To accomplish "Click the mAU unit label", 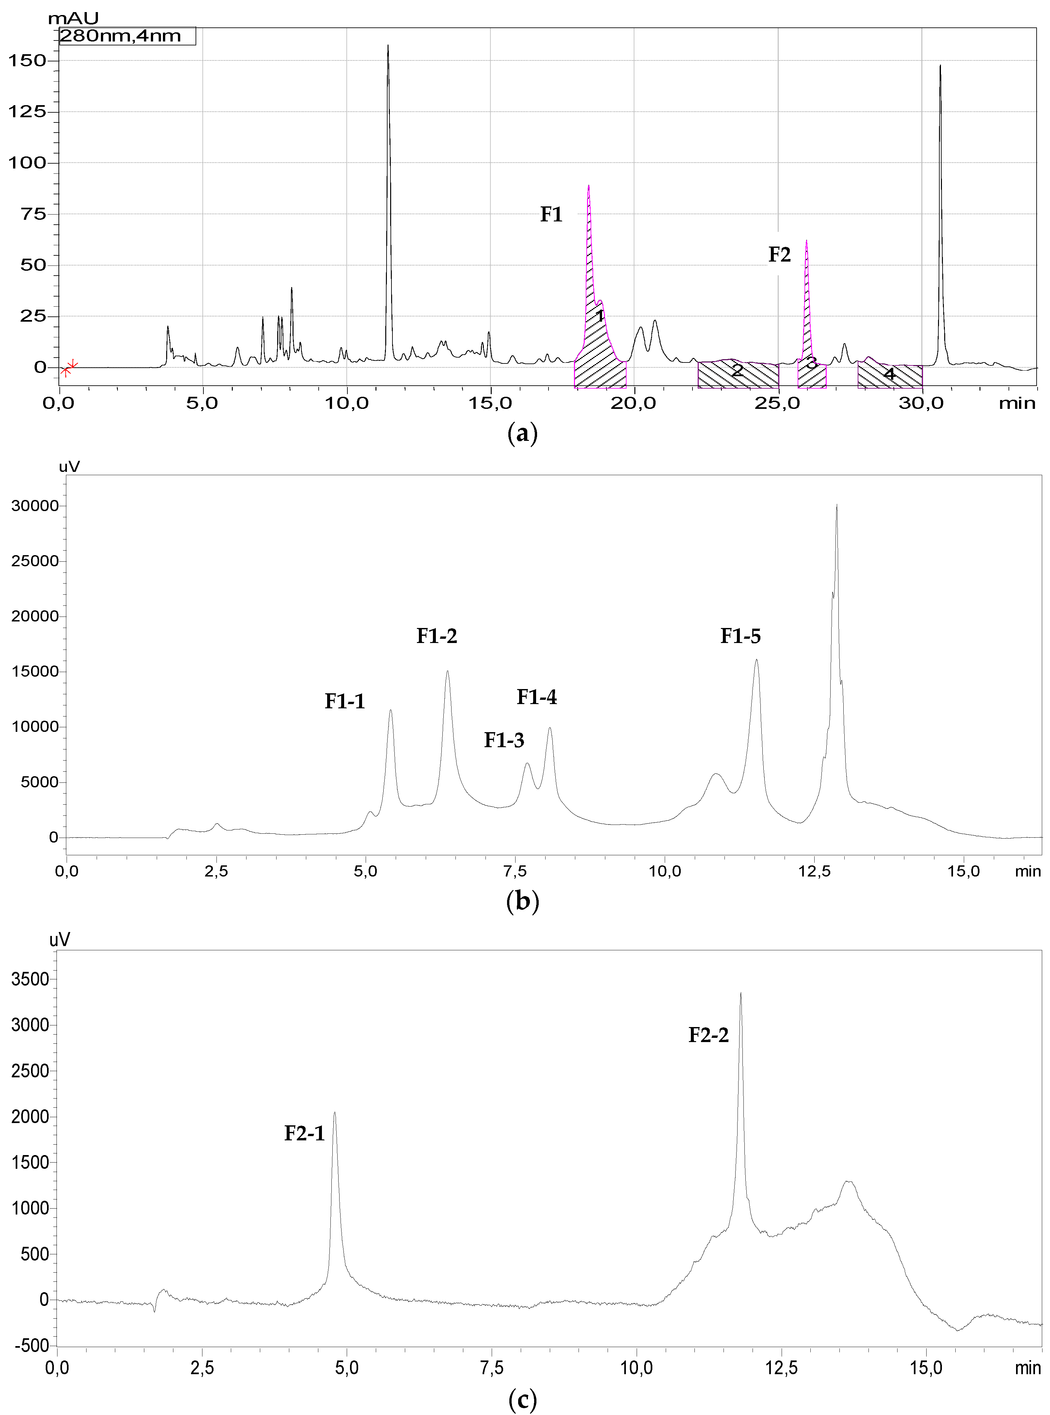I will pyautogui.click(x=73, y=18).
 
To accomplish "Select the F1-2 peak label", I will pyautogui.click(x=437, y=636).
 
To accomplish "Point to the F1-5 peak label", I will pyautogui.click(x=740, y=636).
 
